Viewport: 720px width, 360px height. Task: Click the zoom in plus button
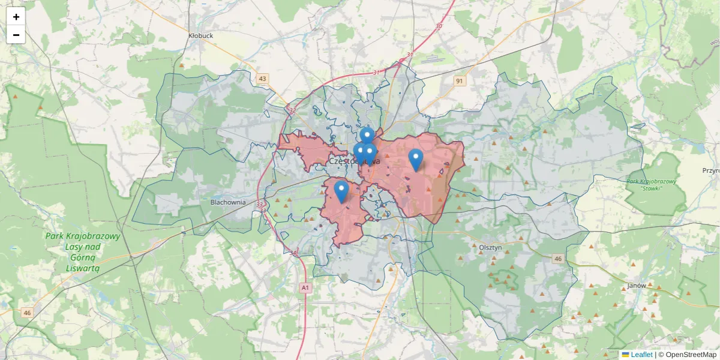(16, 17)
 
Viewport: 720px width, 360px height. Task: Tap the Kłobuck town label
(200, 36)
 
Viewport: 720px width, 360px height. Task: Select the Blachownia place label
(228, 202)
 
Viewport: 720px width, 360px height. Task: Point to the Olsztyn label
(490, 247)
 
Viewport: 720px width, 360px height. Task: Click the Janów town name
(636, 286)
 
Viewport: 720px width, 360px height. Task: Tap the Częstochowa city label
(354, 161)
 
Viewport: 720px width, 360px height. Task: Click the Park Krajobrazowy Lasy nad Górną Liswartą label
(83, 252)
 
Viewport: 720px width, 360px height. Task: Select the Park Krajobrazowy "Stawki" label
(651, 185)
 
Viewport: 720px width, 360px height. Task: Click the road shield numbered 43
(262, 79)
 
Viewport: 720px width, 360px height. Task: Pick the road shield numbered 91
(460, 81)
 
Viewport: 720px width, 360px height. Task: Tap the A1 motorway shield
(305, 288)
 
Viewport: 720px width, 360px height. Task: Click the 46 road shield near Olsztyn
(558, 259)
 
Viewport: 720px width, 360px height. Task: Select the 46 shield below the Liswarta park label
(28, 313)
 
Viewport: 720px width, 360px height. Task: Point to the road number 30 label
(439, 26)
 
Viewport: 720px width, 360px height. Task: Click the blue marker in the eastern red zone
(415, 158)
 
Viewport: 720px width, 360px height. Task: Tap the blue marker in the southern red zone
(341, 190)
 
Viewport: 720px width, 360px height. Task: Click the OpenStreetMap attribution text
(691, 355)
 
